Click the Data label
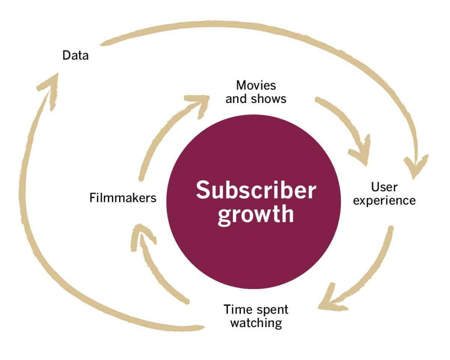point(75,55)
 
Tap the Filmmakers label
point(123,198)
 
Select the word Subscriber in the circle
point(256,190)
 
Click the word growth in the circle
point(256,214)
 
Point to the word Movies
point(256,85)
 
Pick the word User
point(384,186)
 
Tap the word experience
point(384,201)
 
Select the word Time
point(237,310)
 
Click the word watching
point(256,323)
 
